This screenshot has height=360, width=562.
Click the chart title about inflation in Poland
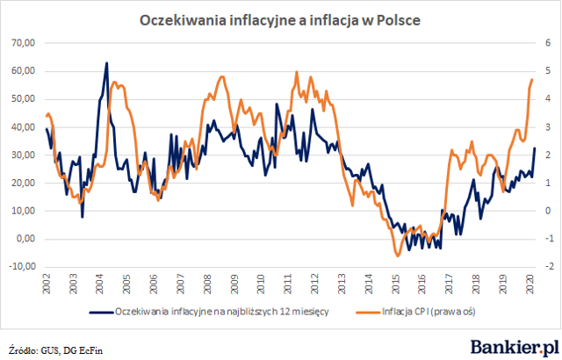pyautogui.click(x=279, y=20)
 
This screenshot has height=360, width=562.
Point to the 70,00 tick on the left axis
pyautogui.click(x=24, y=43)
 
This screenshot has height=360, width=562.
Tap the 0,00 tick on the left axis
pyautogui.click(x=25, y=239)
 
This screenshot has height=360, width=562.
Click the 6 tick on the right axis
pyautogui.click(x=548, y=43)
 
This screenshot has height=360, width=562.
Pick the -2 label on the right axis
pyautogui.click(x=550, y=267)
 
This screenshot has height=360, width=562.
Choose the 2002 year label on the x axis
pyautogui.click(x=47, y=284)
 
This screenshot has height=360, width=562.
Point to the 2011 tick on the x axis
pyautogui.click(x=288, y=284)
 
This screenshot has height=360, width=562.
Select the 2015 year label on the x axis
pyautogui.click(x=396, y=284)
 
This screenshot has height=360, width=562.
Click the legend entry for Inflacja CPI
pyautogui.click(x=415, y=312)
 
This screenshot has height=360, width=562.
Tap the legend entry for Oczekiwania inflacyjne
pyautogui.click(x=209, y=312)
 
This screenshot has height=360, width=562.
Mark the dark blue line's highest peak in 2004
pyautogui.click(x=106, y=63)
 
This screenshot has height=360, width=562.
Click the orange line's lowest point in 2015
pyautogui.click(x=398, y=256)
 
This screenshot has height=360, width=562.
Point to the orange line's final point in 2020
pyautogui.click(x=532, y=80)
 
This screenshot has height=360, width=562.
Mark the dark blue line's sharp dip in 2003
pyautogui.click(x=83, y=217)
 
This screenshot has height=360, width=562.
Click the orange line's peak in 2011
pyautogui.click(x=297, y=72)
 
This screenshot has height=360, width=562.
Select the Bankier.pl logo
pyautogui.click(x=515, y=348)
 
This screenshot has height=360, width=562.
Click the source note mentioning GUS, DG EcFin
pyautogui.click(x=56, y=349)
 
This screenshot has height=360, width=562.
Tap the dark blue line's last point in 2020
pyautogui.click(x=535, y=148)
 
